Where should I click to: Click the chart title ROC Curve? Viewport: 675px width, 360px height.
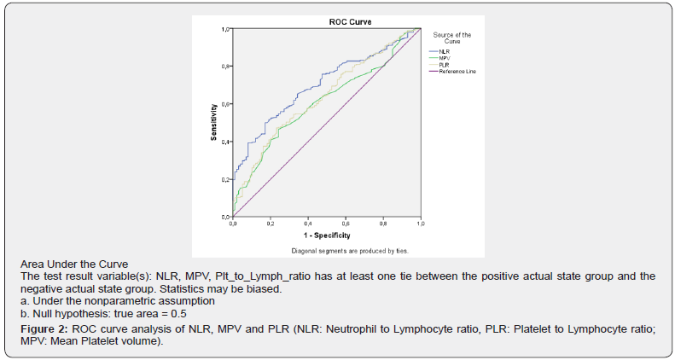(x=328, y=21)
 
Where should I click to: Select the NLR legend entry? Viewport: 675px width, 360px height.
(x=443, y=52)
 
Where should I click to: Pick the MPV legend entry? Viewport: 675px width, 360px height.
(x=444, y=58)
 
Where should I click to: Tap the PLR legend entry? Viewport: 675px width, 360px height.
(x=443, y=65)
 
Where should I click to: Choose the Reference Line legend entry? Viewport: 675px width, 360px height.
(x=457, y=72)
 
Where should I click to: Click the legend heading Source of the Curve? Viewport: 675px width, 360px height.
(x=452, y=38)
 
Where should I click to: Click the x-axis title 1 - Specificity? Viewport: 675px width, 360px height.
(x=327, y=234)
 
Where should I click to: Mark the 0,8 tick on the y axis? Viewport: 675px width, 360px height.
(x=226, y=67)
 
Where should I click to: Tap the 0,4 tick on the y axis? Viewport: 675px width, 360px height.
(x=226, y=142)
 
